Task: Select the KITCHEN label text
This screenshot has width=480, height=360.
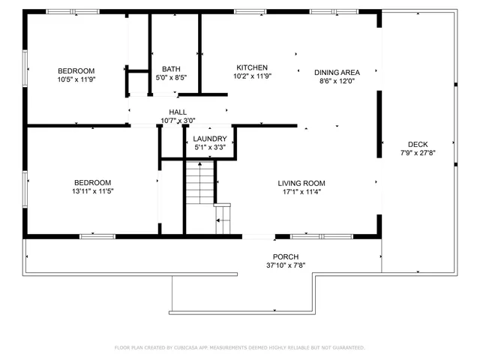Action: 252,67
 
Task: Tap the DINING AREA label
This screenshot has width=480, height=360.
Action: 337,72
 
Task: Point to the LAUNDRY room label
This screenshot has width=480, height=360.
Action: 209,139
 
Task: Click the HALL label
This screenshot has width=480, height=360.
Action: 177,112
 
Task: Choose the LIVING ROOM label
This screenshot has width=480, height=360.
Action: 301,183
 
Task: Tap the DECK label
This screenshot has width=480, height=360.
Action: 418,144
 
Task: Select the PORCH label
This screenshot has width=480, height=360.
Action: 286,256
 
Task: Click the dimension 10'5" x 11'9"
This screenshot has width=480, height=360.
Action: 76,79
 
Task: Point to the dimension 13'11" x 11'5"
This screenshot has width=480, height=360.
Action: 92,191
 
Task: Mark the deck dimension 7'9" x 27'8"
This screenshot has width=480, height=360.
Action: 418,153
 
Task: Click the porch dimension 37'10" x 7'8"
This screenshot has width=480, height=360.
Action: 286,265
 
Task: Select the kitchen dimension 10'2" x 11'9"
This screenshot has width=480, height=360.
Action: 252,76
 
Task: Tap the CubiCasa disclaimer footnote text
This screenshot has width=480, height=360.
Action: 239,348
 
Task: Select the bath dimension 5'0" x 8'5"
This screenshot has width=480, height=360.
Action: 171,76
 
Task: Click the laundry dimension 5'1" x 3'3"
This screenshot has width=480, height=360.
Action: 209,148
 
